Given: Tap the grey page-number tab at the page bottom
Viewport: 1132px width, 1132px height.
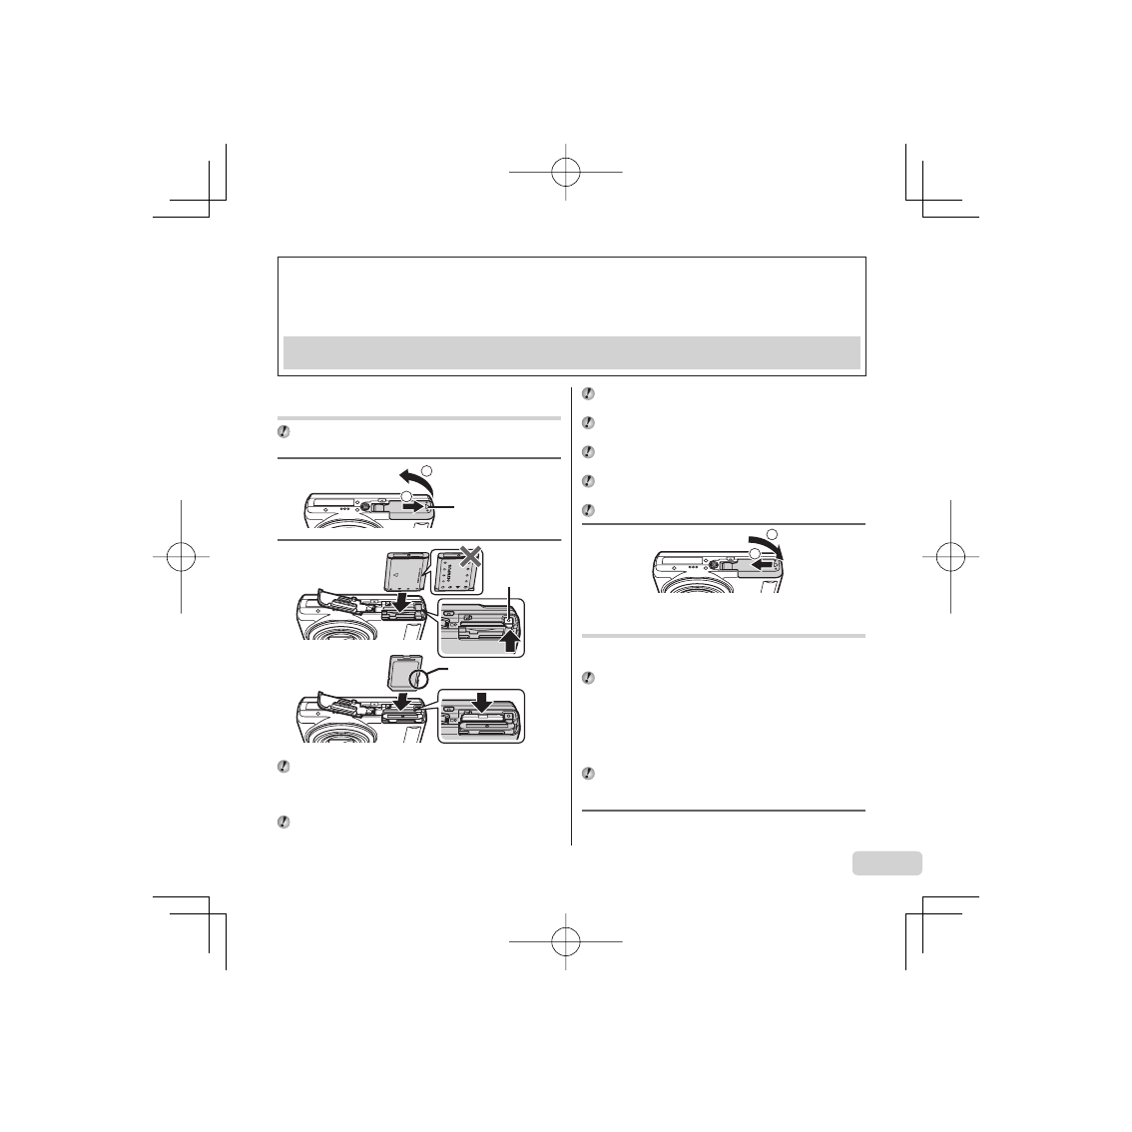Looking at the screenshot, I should point(887,862).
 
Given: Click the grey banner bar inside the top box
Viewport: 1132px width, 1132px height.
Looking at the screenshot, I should point(571,351).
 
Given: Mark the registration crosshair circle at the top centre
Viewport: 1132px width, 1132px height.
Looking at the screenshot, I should point(565,172).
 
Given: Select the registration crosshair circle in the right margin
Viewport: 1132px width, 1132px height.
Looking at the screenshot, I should point(951,556).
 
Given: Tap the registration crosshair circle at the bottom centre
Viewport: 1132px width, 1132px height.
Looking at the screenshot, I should point(565,940).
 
